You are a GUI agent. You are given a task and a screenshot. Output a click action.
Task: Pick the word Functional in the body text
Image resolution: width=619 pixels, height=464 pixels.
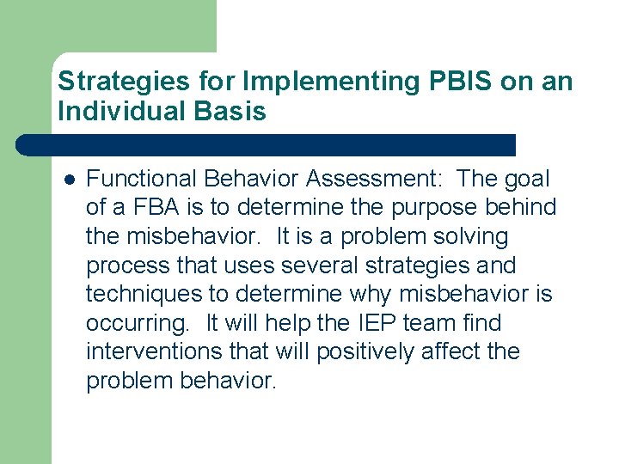point(143,179)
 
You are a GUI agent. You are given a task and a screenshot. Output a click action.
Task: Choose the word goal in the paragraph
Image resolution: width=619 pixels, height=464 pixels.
point(526,179)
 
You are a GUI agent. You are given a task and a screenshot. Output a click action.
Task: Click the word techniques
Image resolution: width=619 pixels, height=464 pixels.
point(146,295)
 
